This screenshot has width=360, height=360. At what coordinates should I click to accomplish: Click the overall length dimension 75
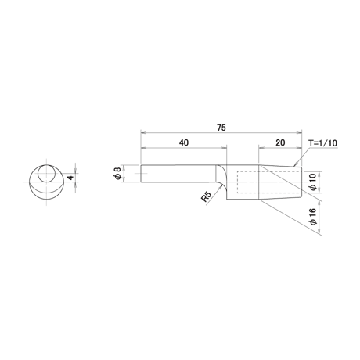221,128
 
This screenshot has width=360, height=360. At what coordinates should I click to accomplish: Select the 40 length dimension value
184,142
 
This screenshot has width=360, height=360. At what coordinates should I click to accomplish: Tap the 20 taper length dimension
280,142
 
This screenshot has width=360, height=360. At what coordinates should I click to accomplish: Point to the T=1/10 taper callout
323,143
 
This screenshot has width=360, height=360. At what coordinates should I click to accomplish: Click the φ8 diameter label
118,173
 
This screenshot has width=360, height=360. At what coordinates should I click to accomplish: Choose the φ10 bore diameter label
313,182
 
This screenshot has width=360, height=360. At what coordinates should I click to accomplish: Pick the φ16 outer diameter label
313,216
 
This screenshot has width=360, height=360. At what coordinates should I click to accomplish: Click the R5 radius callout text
206,196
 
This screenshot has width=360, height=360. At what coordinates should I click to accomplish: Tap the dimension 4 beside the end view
70,178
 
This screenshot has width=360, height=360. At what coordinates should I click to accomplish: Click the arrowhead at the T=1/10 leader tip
295,165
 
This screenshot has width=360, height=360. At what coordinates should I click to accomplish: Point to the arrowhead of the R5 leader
221,188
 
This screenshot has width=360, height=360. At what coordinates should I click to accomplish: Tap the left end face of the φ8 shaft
141,174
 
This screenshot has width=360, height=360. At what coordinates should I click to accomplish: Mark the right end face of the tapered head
301,182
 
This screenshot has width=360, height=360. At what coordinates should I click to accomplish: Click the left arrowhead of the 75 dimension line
142,132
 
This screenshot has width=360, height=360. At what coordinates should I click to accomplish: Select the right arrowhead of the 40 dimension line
225,148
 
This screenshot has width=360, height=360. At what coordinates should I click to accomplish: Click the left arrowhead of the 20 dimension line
261,148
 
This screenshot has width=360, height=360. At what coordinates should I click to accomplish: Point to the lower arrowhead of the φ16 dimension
320,231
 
